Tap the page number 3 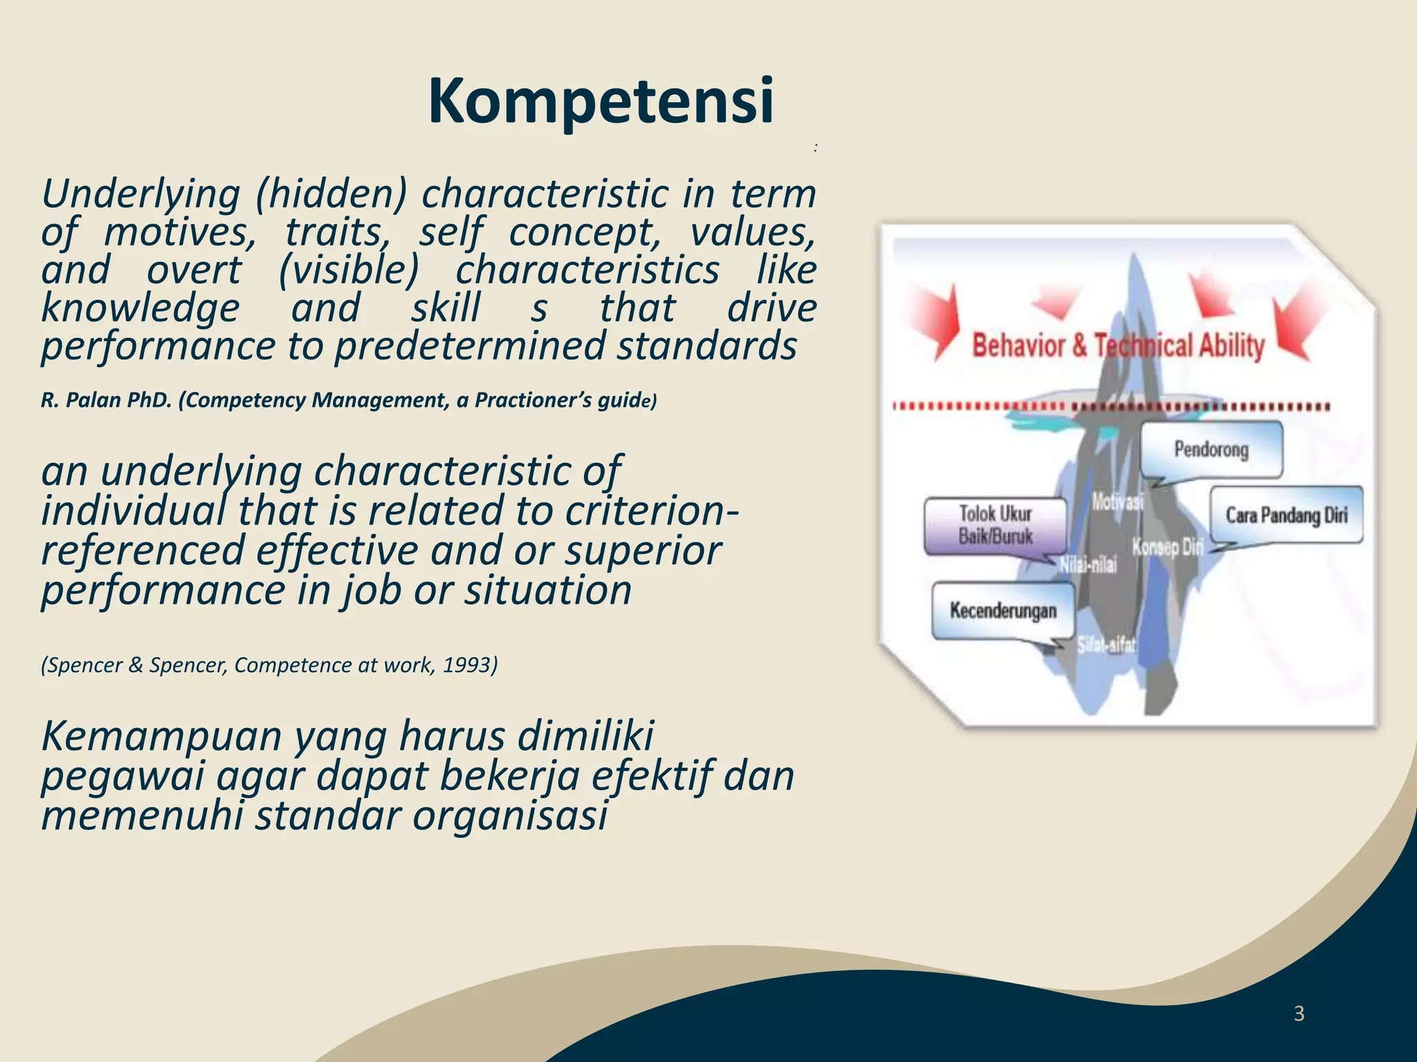(x=1299, y=1014)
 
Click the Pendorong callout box (x=1211, y=449)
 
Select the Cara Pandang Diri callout (x=1286, y=515)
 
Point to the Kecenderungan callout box (x=1003, y=611)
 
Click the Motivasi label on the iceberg (x=1117, y=502)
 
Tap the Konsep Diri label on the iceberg (x=1167, y=548)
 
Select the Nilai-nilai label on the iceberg (x=1089, y=566)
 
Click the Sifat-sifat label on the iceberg (x=1106, y=646)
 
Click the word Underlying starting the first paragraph (x=140, y=194)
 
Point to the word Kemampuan (x=161, y=736)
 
